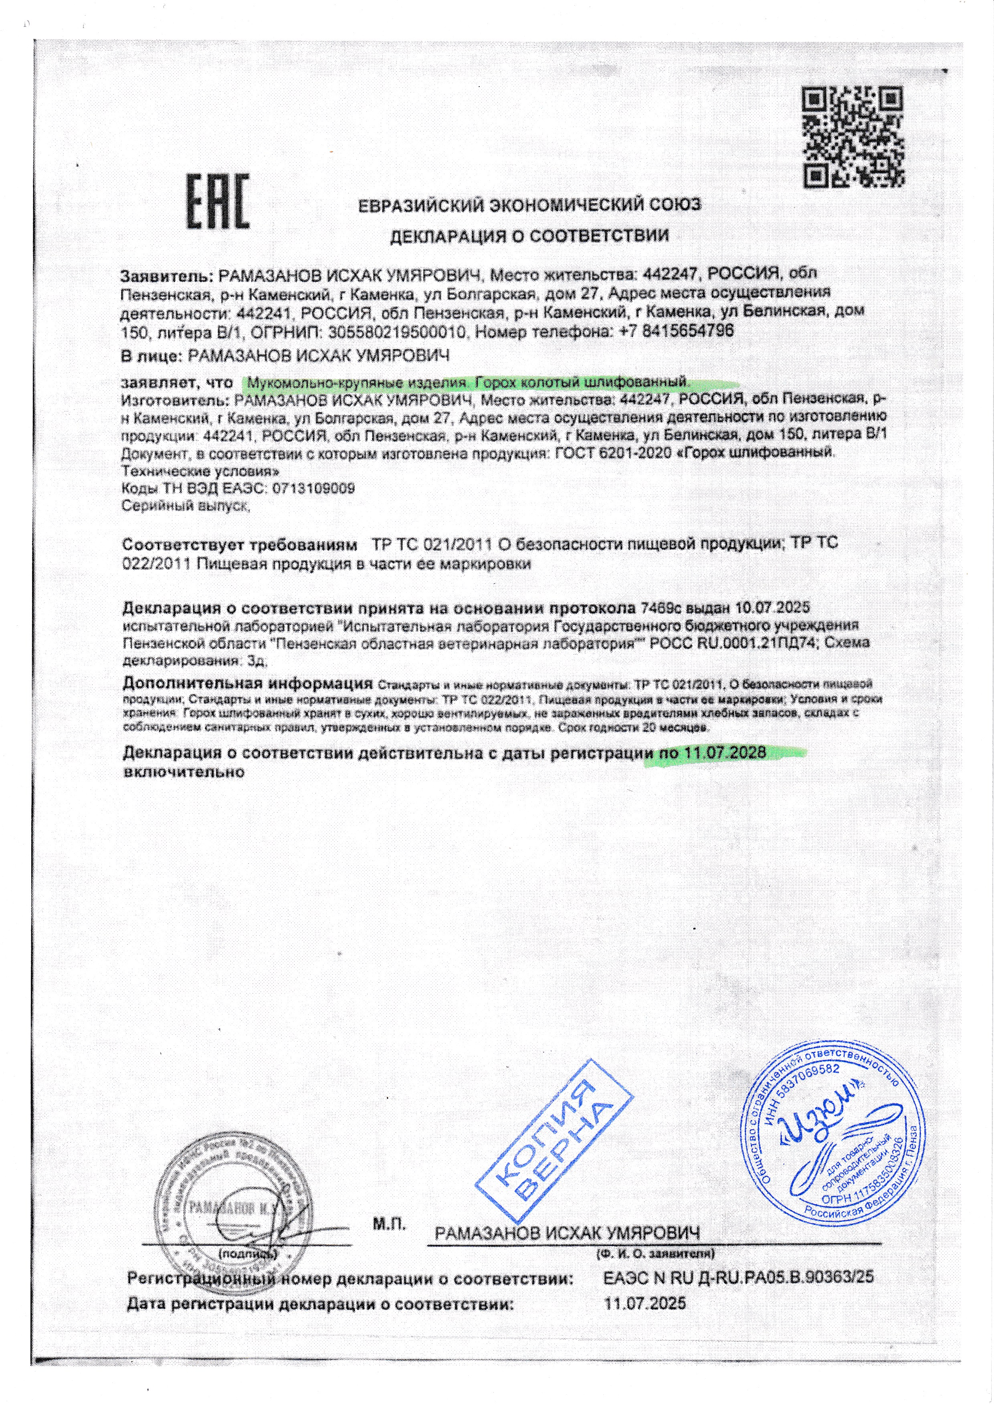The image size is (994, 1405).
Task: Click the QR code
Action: coord(853,137)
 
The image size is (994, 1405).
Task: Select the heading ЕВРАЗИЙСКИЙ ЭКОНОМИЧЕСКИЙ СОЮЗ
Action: coord(530,206)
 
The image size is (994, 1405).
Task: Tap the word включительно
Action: coord(184,772)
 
